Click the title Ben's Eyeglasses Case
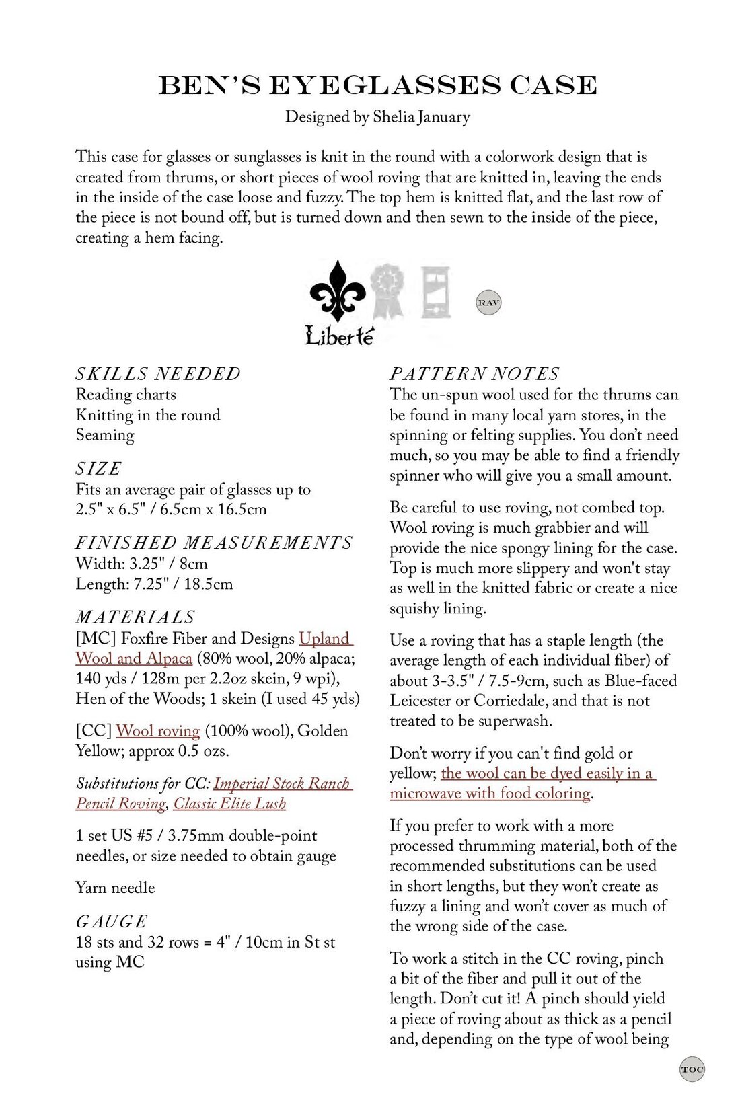(x=377, y=85)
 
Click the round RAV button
(x=488, y=303)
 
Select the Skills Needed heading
(x=157, y=374)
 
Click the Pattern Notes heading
(x=474, y=374)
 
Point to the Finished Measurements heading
(x=213, y=543)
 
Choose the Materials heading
(x=135, y=617)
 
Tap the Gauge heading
(x=111, y=921)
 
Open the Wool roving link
(x=158, y=731)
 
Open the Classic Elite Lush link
(x=229, y=804)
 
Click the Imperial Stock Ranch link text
(x=283, y=783)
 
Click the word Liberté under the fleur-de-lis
(x=339, y=336)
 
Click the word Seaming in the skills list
(x=105, y=435)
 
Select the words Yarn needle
(x=115, y=888)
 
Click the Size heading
(x=98, y=468)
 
